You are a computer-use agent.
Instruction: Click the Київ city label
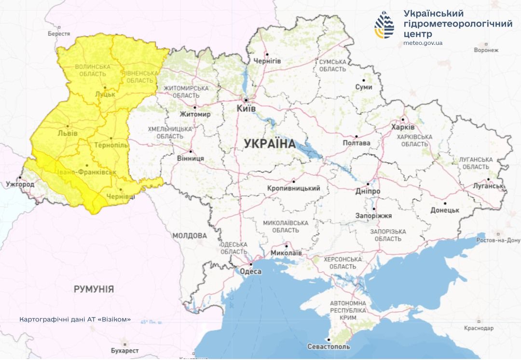(246, 110)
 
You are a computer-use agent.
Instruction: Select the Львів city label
(67, 133)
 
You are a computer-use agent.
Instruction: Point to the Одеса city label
(250, 272)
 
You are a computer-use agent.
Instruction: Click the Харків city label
(403, 127)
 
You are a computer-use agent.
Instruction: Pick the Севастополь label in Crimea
(329, 346)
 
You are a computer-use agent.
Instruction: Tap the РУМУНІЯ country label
(94, 289)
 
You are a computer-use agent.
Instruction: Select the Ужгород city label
(20, 184)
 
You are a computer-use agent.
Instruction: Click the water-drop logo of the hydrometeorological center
(384, 25)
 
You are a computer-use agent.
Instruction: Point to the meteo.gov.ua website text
(423, 43)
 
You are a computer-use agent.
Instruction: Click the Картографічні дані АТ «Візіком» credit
(75, 319)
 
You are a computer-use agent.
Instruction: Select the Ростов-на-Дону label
(498, 240)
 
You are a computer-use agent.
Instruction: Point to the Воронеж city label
(486, 50)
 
